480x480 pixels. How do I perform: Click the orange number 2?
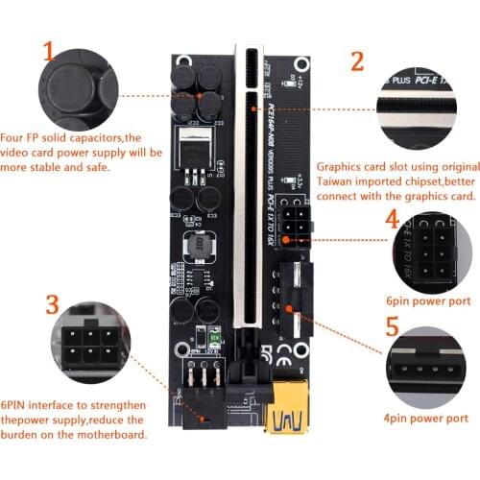click(x=358, y=62)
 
